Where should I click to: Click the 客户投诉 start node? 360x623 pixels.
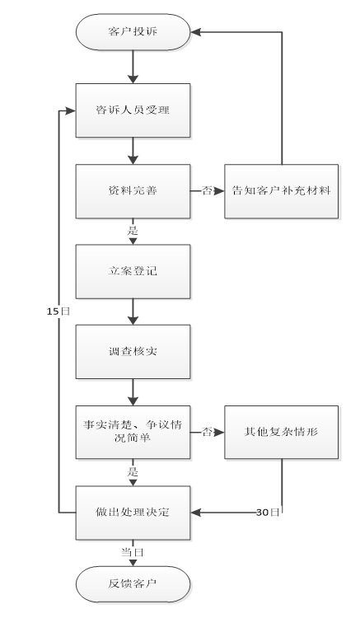point(133,32)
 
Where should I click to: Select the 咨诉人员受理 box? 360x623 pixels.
point(133,110)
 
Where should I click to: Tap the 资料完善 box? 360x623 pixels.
point(133,191)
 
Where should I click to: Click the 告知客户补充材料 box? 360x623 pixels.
point(281,191)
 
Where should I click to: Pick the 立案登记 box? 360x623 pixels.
point(133,271)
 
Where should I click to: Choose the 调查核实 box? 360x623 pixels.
point(133,352)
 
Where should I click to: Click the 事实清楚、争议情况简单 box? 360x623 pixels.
point(133,433)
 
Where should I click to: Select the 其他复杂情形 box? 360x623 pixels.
point(281,433)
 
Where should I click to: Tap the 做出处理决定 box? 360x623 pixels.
point(133,513)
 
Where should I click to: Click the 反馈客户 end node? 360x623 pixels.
point(133,584)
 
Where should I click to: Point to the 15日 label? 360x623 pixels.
point(58,311)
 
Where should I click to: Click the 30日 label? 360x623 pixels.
point(269,513)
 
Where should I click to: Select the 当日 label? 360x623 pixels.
point(133,552)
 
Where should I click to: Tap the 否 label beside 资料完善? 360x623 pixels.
point(207,190)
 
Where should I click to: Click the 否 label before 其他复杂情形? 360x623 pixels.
point(207,432)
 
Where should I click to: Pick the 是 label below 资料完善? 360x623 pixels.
point(133,231)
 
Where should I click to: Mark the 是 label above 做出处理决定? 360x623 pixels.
point(133,472)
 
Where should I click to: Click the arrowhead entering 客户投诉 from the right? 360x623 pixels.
point(195,32)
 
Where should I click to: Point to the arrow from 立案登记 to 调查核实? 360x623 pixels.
point(133,311)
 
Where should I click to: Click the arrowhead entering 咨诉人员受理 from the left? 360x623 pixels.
point(71,111)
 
